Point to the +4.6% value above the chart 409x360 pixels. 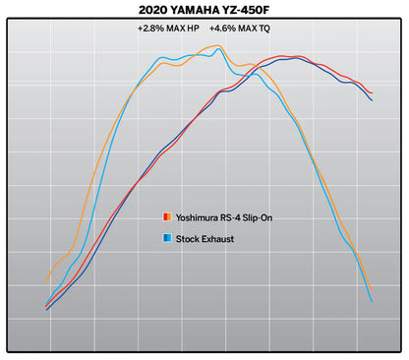click(x=225, y=30)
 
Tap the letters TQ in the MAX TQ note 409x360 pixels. click(x=272, y=30)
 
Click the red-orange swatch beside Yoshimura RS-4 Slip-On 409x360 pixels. click(x=166, y=216)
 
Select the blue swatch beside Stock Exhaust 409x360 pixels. click(x=166, y=239)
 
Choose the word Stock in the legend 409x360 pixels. click(x=188, y=239)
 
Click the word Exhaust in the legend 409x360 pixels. click(x=219, y=239)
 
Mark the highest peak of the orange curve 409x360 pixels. click(x=217, y=45)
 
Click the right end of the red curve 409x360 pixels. click(x=372, y=93)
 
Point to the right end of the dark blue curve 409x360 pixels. click(x=372, y=100)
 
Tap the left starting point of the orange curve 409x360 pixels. click(x=47, y=280)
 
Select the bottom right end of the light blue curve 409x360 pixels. click(x=372, y=301)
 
